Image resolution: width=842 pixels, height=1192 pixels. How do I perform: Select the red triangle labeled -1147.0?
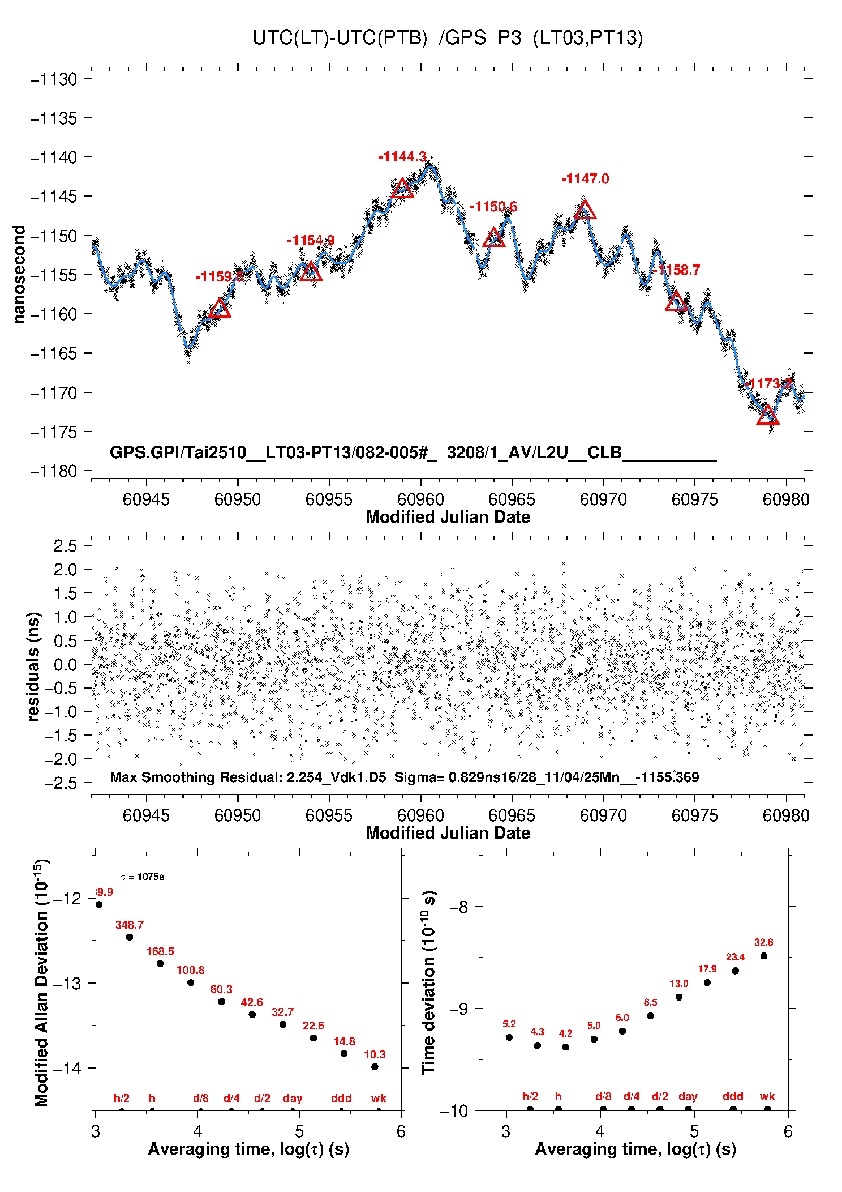585,210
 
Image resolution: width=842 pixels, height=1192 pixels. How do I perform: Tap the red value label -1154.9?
311,241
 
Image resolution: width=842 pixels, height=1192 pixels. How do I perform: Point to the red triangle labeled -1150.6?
493,237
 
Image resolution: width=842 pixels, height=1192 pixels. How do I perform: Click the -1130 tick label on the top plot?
54,79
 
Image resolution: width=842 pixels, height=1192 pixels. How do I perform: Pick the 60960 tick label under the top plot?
420,499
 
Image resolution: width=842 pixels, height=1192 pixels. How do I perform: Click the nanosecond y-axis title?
19,275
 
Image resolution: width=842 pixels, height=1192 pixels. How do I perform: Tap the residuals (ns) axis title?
34,667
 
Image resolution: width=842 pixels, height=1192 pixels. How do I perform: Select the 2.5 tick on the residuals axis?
65,546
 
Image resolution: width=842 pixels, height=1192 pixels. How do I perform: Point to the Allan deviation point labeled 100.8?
191,982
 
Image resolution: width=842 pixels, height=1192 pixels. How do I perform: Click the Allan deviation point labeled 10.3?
375,1067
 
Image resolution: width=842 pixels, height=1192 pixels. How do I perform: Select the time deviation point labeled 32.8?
764,956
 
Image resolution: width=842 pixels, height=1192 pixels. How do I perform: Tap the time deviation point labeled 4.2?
566,1047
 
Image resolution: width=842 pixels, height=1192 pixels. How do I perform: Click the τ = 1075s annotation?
143,877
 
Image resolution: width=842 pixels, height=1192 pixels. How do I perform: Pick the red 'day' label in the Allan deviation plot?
293,1098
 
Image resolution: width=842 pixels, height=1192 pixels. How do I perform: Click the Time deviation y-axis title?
429,982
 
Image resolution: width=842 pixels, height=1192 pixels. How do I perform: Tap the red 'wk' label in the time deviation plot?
767,1097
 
